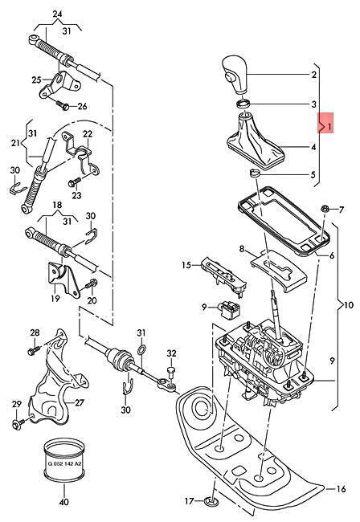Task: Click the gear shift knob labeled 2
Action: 235,75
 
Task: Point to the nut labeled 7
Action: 325,209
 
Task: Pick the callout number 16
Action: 341,488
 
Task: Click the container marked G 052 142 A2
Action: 65,462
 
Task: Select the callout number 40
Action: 64,502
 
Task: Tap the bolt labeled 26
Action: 62,104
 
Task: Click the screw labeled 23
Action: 74,181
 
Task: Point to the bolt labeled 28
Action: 34,350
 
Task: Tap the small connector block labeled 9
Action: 230,310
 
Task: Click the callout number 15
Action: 186,265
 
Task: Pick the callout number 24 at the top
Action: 57,14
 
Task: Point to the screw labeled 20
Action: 91,284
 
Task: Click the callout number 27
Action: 80,403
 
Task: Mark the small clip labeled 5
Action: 255,173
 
